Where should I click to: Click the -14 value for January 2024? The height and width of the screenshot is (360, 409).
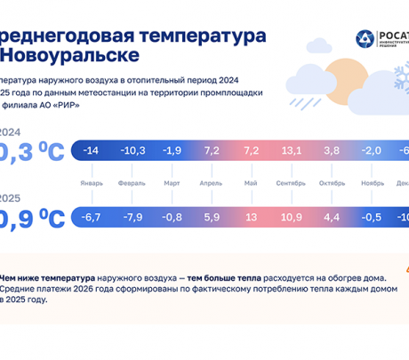coord(90,151)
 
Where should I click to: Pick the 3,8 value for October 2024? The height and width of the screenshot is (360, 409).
coord(332,151)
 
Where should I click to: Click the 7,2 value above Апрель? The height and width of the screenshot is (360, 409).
coord(211,151)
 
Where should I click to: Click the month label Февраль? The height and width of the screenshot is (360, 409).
coord(132,183)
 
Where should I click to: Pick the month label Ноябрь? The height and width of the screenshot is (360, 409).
coord(371,183)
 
